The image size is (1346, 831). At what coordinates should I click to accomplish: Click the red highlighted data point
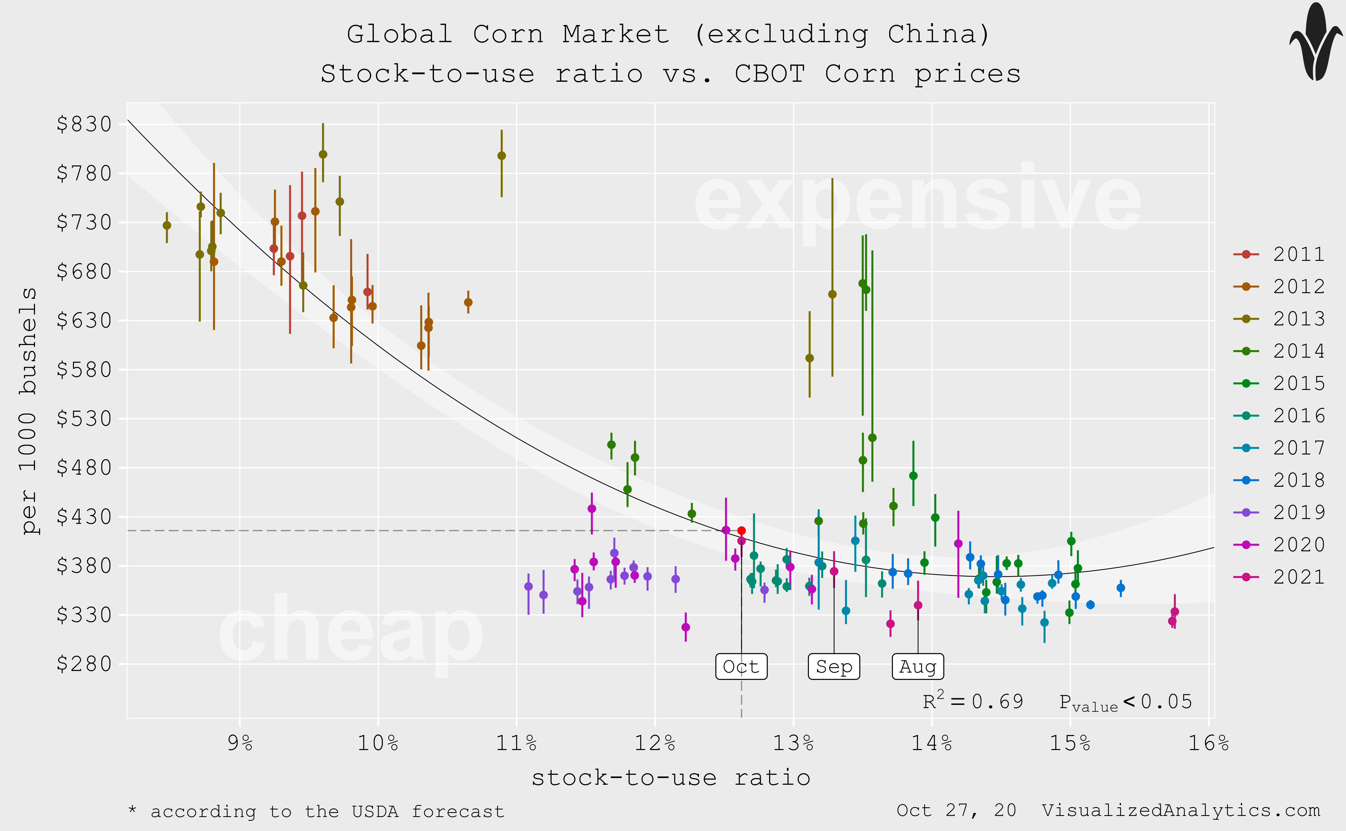[741, 530]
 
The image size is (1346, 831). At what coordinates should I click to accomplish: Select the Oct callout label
[741, 667]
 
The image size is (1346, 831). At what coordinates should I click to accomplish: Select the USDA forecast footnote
[316, 811]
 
